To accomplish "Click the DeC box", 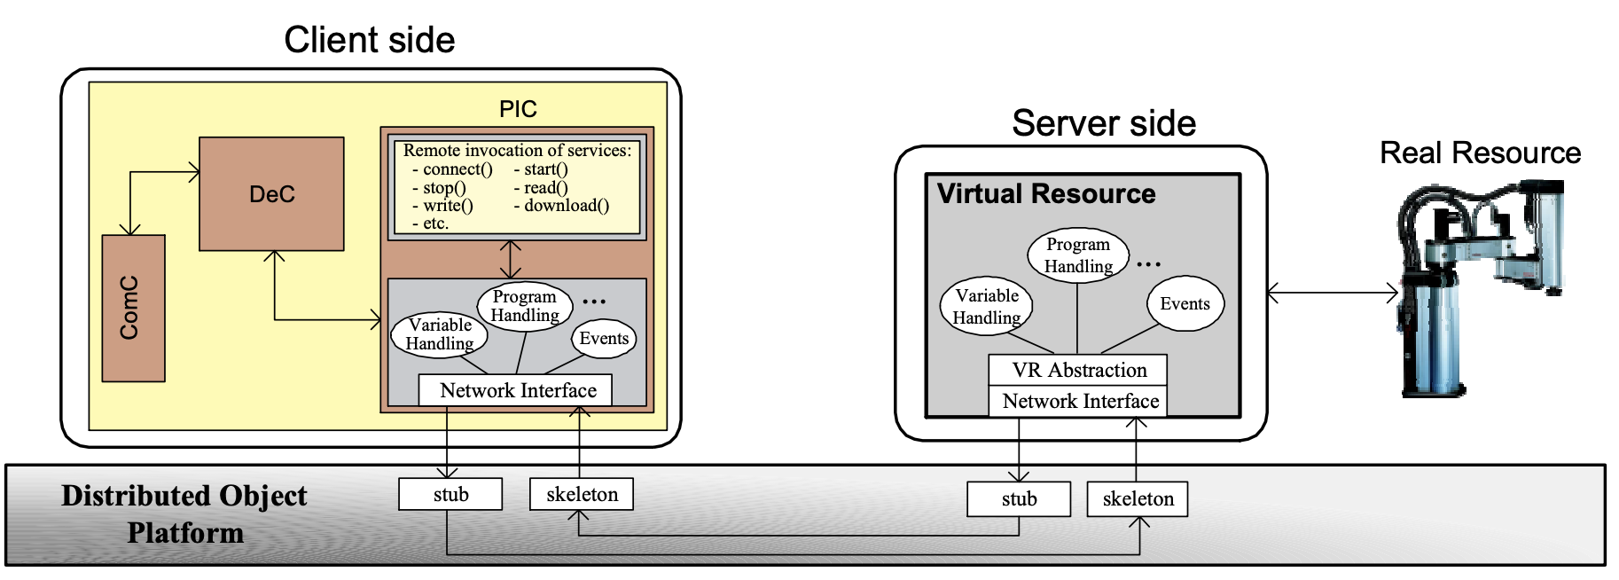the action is click(271, 194).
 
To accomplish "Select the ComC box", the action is click(133, 308).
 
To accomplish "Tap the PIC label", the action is click(518, 109).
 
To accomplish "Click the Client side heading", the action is click(369, 40).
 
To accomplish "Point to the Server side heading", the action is click(1104, 123).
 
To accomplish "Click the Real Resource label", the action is click(1480, 153).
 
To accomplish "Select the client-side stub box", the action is click(450, 494).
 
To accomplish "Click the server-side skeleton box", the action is click(1138, 498).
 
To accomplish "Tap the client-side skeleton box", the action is click(582, 494).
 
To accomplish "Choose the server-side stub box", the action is click(1019, 498).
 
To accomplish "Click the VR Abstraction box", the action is click(1078, 370).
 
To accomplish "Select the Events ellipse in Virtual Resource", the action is click(1185, 303).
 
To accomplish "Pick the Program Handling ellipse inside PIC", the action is click(525, 306).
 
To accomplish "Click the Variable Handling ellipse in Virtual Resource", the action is click(987, 307).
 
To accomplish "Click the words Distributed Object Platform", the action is click(184, 513).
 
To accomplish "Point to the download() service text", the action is click(561, 206).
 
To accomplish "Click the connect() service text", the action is click(452, 169).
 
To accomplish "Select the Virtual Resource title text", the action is click(1046, 193).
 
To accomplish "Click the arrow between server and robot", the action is click(1333, 293).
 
